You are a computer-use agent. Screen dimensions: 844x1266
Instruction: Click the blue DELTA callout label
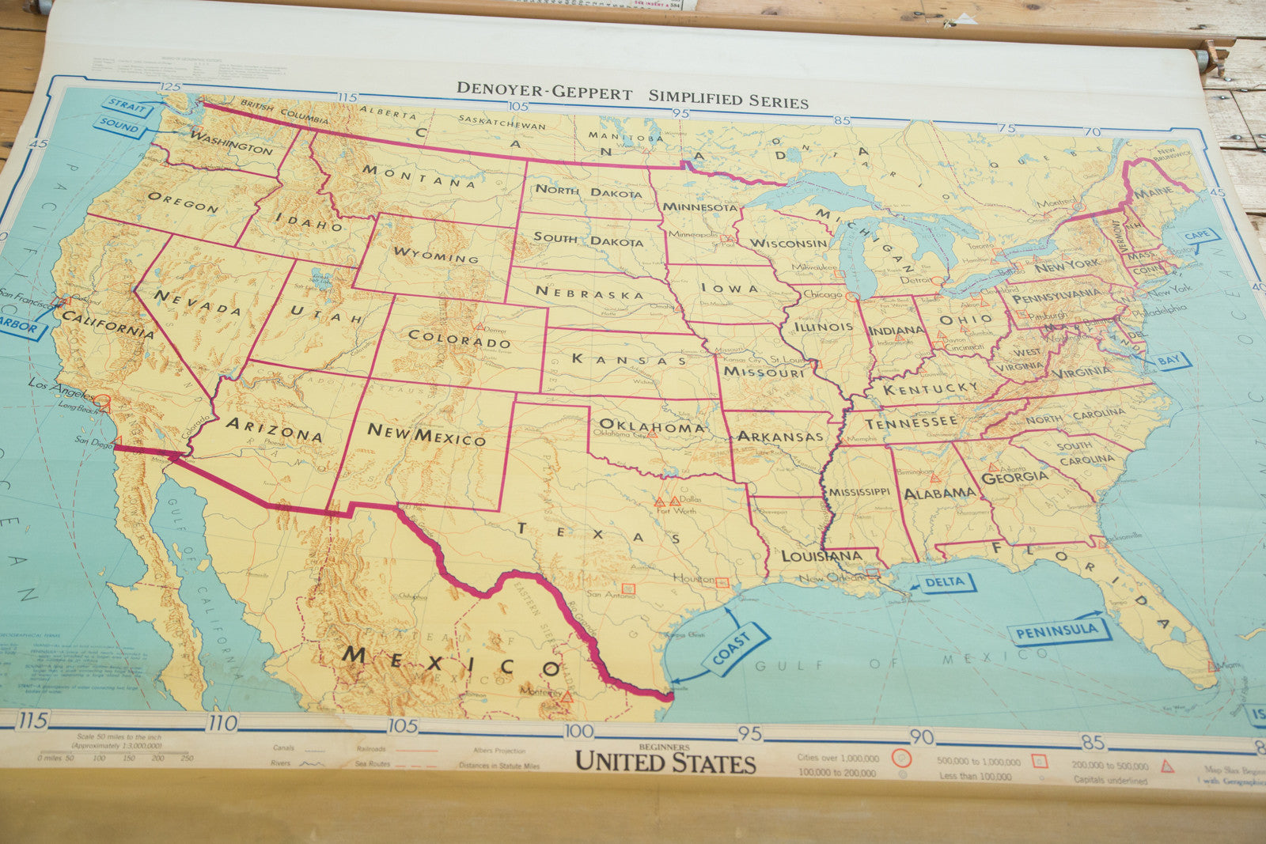pyautogui.click(x=944, y=583)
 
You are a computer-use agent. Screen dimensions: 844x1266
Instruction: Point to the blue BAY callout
pyautogui.click(x=1168, y=361)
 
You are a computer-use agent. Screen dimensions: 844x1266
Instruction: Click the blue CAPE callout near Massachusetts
pyautogui.click(x=1196, y=236)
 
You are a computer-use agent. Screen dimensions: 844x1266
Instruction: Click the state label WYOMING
pyautogui.click(x=435, y=255)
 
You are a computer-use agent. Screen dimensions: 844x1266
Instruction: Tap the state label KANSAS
pyautogui.click(x=630, y=360)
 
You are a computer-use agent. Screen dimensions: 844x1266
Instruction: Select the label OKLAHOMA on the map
pyautogui.click(x=651, y=426)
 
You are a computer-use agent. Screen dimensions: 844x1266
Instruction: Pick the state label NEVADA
pyautogui.click(x=197, y=303)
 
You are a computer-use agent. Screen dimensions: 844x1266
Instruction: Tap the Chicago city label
pyautogui.click(x=822, y=294)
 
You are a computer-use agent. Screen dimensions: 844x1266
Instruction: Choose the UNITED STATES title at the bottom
pyautogui.click(x=665, y=762)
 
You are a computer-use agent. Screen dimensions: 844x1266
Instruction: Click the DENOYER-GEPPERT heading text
pyautogui.click(x=544, y=92)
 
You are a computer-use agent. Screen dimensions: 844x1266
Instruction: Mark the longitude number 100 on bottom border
pyautogui.click(x=578, y=731)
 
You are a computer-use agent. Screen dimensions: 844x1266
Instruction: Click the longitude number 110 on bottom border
pyautogui.click(x=222, y=723)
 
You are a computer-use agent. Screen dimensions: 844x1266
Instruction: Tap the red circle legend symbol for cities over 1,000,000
pyautogui.click(x=901, y=758)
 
